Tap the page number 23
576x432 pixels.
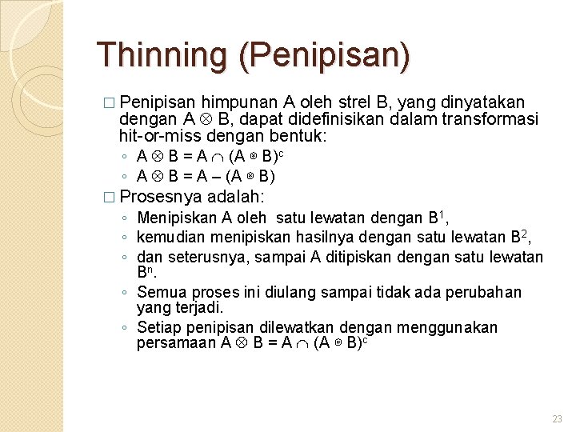pyautogui.click(x=557, y=419)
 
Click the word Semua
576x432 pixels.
pyautogui.click(x=160, y=292)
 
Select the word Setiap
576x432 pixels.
pyautogui.click(x=158, y=327)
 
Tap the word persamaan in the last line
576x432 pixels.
pyautogui.click(x=175, y=343)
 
